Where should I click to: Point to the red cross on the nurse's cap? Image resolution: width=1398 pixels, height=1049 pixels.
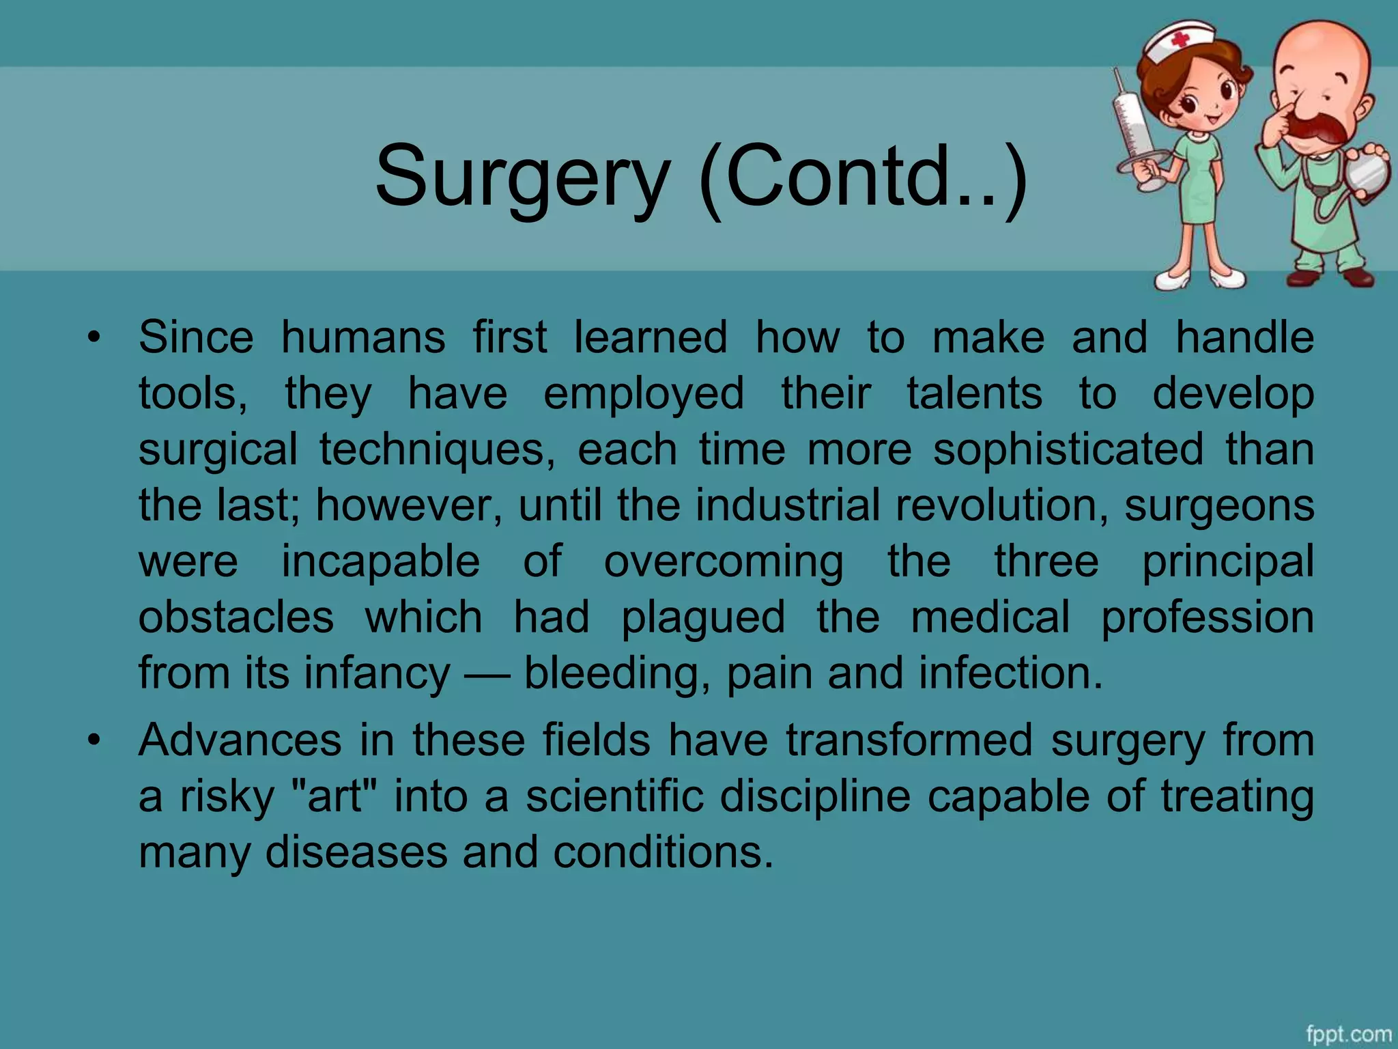pos(1180,40)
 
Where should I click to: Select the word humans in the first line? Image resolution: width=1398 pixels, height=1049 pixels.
pos(363,337)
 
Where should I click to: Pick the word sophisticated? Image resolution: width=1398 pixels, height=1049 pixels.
pos(1068,449)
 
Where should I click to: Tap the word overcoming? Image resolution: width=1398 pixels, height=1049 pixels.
pos(724,561)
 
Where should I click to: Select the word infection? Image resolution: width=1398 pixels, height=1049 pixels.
pos(1010,673)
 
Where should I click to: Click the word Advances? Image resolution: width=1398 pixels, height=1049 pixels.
pos(240,740)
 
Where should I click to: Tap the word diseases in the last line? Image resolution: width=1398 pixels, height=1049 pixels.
pos(357,852)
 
